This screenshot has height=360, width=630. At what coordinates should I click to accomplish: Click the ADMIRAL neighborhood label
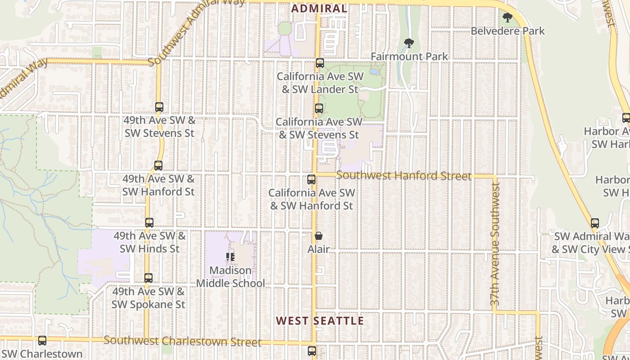pyautogui.click(x=319, y=9)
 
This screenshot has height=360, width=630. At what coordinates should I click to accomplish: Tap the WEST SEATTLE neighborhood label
pyautogui.click(x=319, y=321)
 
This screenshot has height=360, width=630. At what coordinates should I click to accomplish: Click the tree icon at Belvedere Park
pyautogui.click(x=508, y=18)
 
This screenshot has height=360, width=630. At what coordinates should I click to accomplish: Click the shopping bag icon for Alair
pyautogui.click(x=319, y=236)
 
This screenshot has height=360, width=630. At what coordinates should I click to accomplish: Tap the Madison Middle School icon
pyautogui.click(x=230, y=257)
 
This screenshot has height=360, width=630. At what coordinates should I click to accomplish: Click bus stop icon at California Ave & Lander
pyautogui.click(x=320, y=63)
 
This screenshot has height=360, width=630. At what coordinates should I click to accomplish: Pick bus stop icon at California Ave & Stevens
pyautogui.click(x=319, y=108)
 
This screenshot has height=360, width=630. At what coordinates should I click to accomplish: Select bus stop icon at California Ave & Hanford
pyautogui.click(x=311, y=180)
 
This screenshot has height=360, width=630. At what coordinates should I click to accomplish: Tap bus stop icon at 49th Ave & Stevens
pyautogui.click(x=159, y=107)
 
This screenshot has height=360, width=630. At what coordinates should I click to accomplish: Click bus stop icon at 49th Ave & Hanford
pyautogui.click(x=158, y=166)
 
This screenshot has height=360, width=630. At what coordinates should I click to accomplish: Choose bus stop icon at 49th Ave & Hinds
pyautogui.click(x=149, y=223)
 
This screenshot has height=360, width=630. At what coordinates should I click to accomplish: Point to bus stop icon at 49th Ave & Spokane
pyautogui.click(x=148, y=278)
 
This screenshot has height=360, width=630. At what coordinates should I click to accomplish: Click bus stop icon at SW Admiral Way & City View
pyautogui.click(x=595, y=223)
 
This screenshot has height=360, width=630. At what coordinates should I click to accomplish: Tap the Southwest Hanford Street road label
pyautogui.click(x=404, y=176)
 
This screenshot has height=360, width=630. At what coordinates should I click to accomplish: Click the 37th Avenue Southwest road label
pyautogui.click(x=495, y=245)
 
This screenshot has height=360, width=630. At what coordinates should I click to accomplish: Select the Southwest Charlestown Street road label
pyautogui.click(x=182, y=341)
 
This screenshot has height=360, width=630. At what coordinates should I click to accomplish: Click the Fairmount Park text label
pyautogui.click(x=409, y=57)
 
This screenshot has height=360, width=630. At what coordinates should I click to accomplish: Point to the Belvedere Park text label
pyautogui.click(x=508, y=31)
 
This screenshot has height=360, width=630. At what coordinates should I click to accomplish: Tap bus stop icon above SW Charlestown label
pyautogui.click(x=42, y=341)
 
